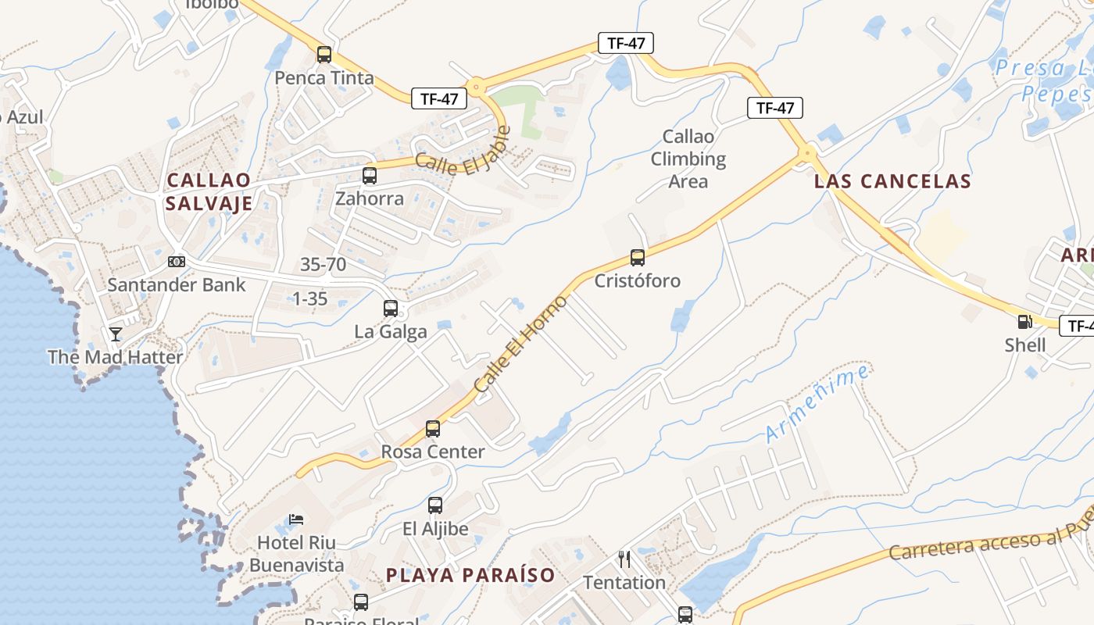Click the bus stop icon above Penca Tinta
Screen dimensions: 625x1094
click(x=324, y=55)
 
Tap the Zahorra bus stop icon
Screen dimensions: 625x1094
click(x=370, y=175)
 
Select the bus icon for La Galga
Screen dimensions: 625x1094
click(x=391, y=309)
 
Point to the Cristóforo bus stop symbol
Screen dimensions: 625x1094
click(x=638, y=257)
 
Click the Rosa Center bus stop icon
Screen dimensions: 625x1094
click(x=433, y=428)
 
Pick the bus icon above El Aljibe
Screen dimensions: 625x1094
click(x=435, y=505)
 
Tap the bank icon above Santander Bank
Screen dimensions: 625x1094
click(x=177, y=261)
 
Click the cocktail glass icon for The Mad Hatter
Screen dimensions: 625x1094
click(x=116, y=334)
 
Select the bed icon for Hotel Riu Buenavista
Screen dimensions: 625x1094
click(x=296, y=519)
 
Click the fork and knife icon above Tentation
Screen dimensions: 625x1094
click(x=624, y=559)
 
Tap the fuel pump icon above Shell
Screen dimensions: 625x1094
click(x=1024, y=321)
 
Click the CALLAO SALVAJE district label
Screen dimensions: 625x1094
click(x=209, y=192)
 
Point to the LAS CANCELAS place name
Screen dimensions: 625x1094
click(x=892, y=182)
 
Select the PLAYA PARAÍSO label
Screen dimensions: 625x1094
click(x=470, y=576)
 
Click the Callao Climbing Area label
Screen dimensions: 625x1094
click(x=688, y=159)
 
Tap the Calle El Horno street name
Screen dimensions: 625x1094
click(x=520, y=345)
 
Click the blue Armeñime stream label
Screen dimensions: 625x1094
click(x=817, y=404)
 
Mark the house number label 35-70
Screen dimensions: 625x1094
click(x=324, y=265)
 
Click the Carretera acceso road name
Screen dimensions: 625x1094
click(x=989, y=541)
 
